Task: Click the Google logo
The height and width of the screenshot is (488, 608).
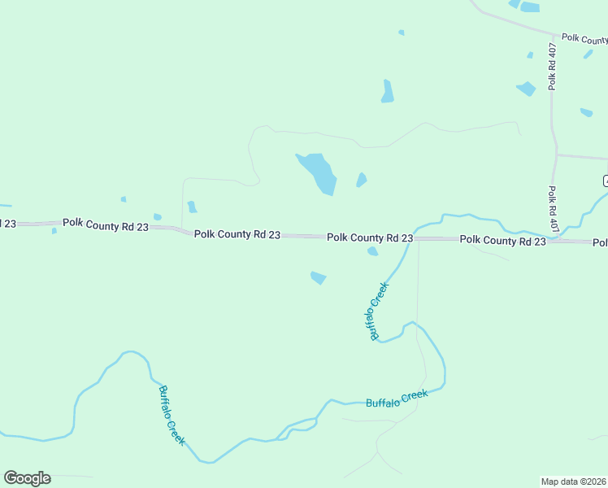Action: (27, 478)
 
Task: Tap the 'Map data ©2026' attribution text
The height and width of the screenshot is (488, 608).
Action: (573, 481)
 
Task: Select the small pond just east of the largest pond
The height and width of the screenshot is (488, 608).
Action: (361, 180)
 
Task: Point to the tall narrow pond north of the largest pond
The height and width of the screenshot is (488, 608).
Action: (388, 91)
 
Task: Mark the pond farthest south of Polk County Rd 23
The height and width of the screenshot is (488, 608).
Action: (318, 278)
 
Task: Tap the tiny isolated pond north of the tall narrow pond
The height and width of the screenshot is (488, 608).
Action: (402, 33)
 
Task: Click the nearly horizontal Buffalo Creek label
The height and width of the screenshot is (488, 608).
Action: (397, 399)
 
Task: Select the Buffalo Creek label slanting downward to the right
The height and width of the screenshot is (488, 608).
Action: (172, 415)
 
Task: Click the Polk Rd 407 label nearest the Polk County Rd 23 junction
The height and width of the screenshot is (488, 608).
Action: (552, 207)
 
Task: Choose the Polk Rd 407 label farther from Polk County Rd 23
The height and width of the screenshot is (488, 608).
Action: (552, 67)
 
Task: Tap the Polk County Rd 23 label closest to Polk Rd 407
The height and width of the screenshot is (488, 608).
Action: (502, 240)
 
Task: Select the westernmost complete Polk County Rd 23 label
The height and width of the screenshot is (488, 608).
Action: (106, 224)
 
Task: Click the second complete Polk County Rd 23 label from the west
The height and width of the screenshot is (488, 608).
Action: (237, 234)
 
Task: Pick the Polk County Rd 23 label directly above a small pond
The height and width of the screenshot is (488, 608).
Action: (370, 237)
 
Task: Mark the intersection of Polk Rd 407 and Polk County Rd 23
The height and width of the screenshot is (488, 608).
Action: (553, 241)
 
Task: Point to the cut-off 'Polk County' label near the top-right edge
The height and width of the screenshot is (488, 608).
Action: (584, 38)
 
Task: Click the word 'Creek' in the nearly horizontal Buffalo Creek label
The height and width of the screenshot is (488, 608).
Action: (413, 396)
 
